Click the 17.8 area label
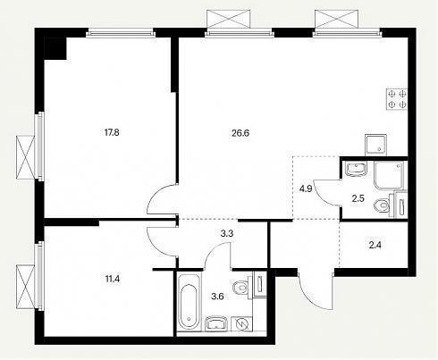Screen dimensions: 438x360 [112, 132]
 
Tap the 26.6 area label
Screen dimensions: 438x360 [240, 133]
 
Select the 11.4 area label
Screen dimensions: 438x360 [112, 280]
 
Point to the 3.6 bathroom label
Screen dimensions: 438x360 [217, 297]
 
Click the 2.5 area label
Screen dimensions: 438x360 [358, 198]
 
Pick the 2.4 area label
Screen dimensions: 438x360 [375, 245]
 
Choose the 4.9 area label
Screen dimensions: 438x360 [306, 188]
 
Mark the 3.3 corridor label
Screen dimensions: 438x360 [227, 234]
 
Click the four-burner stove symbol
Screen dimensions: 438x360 [397, 99]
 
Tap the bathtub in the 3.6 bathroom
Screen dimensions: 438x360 [190, 301]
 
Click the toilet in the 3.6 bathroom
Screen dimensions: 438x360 [240, 288]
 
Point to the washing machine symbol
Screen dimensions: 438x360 [241, 323]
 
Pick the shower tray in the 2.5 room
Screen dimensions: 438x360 [391, 176]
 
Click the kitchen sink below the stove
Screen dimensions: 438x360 [375, 145]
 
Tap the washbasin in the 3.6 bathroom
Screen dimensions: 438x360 [216, 323]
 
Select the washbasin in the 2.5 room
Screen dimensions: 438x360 [356, 169]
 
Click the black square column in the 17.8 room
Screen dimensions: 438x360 [55, 48]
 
